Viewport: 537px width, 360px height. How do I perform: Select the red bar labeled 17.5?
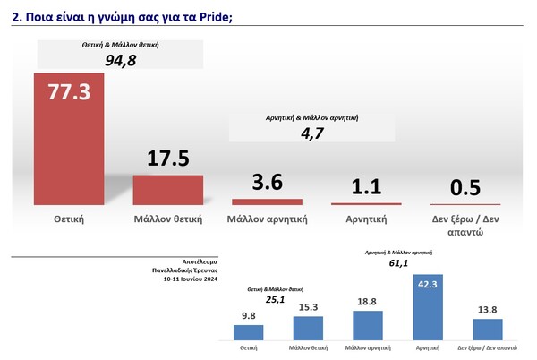tap(168, 190)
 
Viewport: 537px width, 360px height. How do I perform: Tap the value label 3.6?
tap(268, 182)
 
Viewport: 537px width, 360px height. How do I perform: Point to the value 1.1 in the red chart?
tap(367, 186)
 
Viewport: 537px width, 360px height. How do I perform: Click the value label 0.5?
tap(466, 187)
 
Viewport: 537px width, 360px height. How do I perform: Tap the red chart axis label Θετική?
tap(69, 218)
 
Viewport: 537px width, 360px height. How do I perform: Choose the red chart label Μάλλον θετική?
tap(168, 218)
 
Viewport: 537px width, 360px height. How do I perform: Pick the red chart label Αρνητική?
tap(367, 218)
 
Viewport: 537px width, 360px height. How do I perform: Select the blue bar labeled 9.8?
tap(249, 332)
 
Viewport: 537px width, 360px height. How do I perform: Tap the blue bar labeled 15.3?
tap(307, 328)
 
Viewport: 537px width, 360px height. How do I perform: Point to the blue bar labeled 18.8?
tap(366, 325)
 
